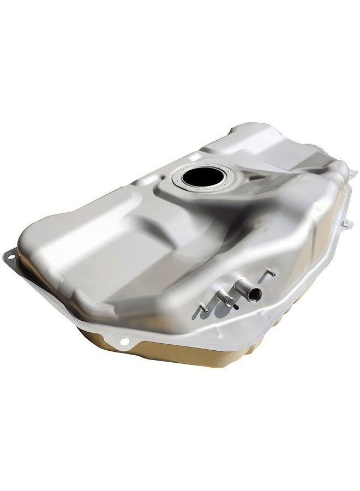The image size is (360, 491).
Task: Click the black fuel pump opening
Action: point(200,176)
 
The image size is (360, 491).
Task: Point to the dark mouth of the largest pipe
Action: point(254,295)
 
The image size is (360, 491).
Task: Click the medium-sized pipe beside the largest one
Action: point(225,297)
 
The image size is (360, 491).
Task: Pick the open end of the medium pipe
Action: point(230,302)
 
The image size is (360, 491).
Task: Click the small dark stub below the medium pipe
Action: point(236,307)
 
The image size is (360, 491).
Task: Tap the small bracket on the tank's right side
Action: point(346,224)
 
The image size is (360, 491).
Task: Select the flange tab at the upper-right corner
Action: point(352,173)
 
